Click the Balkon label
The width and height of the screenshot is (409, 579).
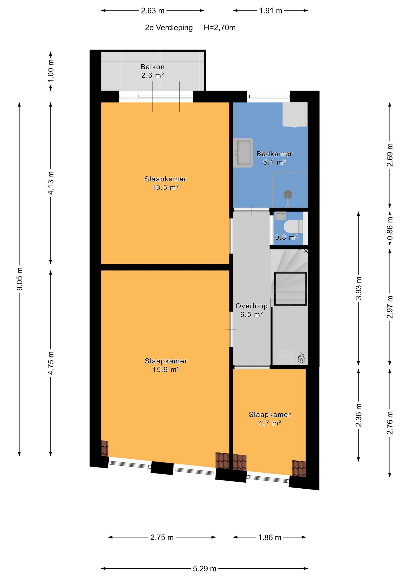coord(153,67)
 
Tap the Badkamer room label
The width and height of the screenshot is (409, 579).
coord(274,154)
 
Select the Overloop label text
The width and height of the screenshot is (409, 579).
coord(252,306)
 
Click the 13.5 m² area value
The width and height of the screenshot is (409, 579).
coord(165,188)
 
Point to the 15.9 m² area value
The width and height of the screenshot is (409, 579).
coord(166,370)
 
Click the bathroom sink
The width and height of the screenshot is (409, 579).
coord(243,153)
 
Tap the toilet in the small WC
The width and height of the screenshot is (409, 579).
coord(293,226)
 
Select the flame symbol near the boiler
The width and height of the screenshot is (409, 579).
coord(301,358)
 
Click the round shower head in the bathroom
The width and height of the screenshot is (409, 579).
coord(288,194)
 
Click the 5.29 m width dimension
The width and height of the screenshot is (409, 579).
coord(205,569)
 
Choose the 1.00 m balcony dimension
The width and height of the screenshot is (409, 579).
coord(51,71)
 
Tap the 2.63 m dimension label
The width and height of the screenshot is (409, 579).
coord(153,11)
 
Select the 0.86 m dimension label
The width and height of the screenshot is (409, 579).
coord(390,229)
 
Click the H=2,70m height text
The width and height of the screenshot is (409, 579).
coord(219,28)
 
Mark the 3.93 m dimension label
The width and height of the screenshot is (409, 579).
coord(359,288)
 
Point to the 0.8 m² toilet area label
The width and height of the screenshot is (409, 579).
coord(286,237)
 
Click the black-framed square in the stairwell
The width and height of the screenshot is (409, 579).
coord(290,289)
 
